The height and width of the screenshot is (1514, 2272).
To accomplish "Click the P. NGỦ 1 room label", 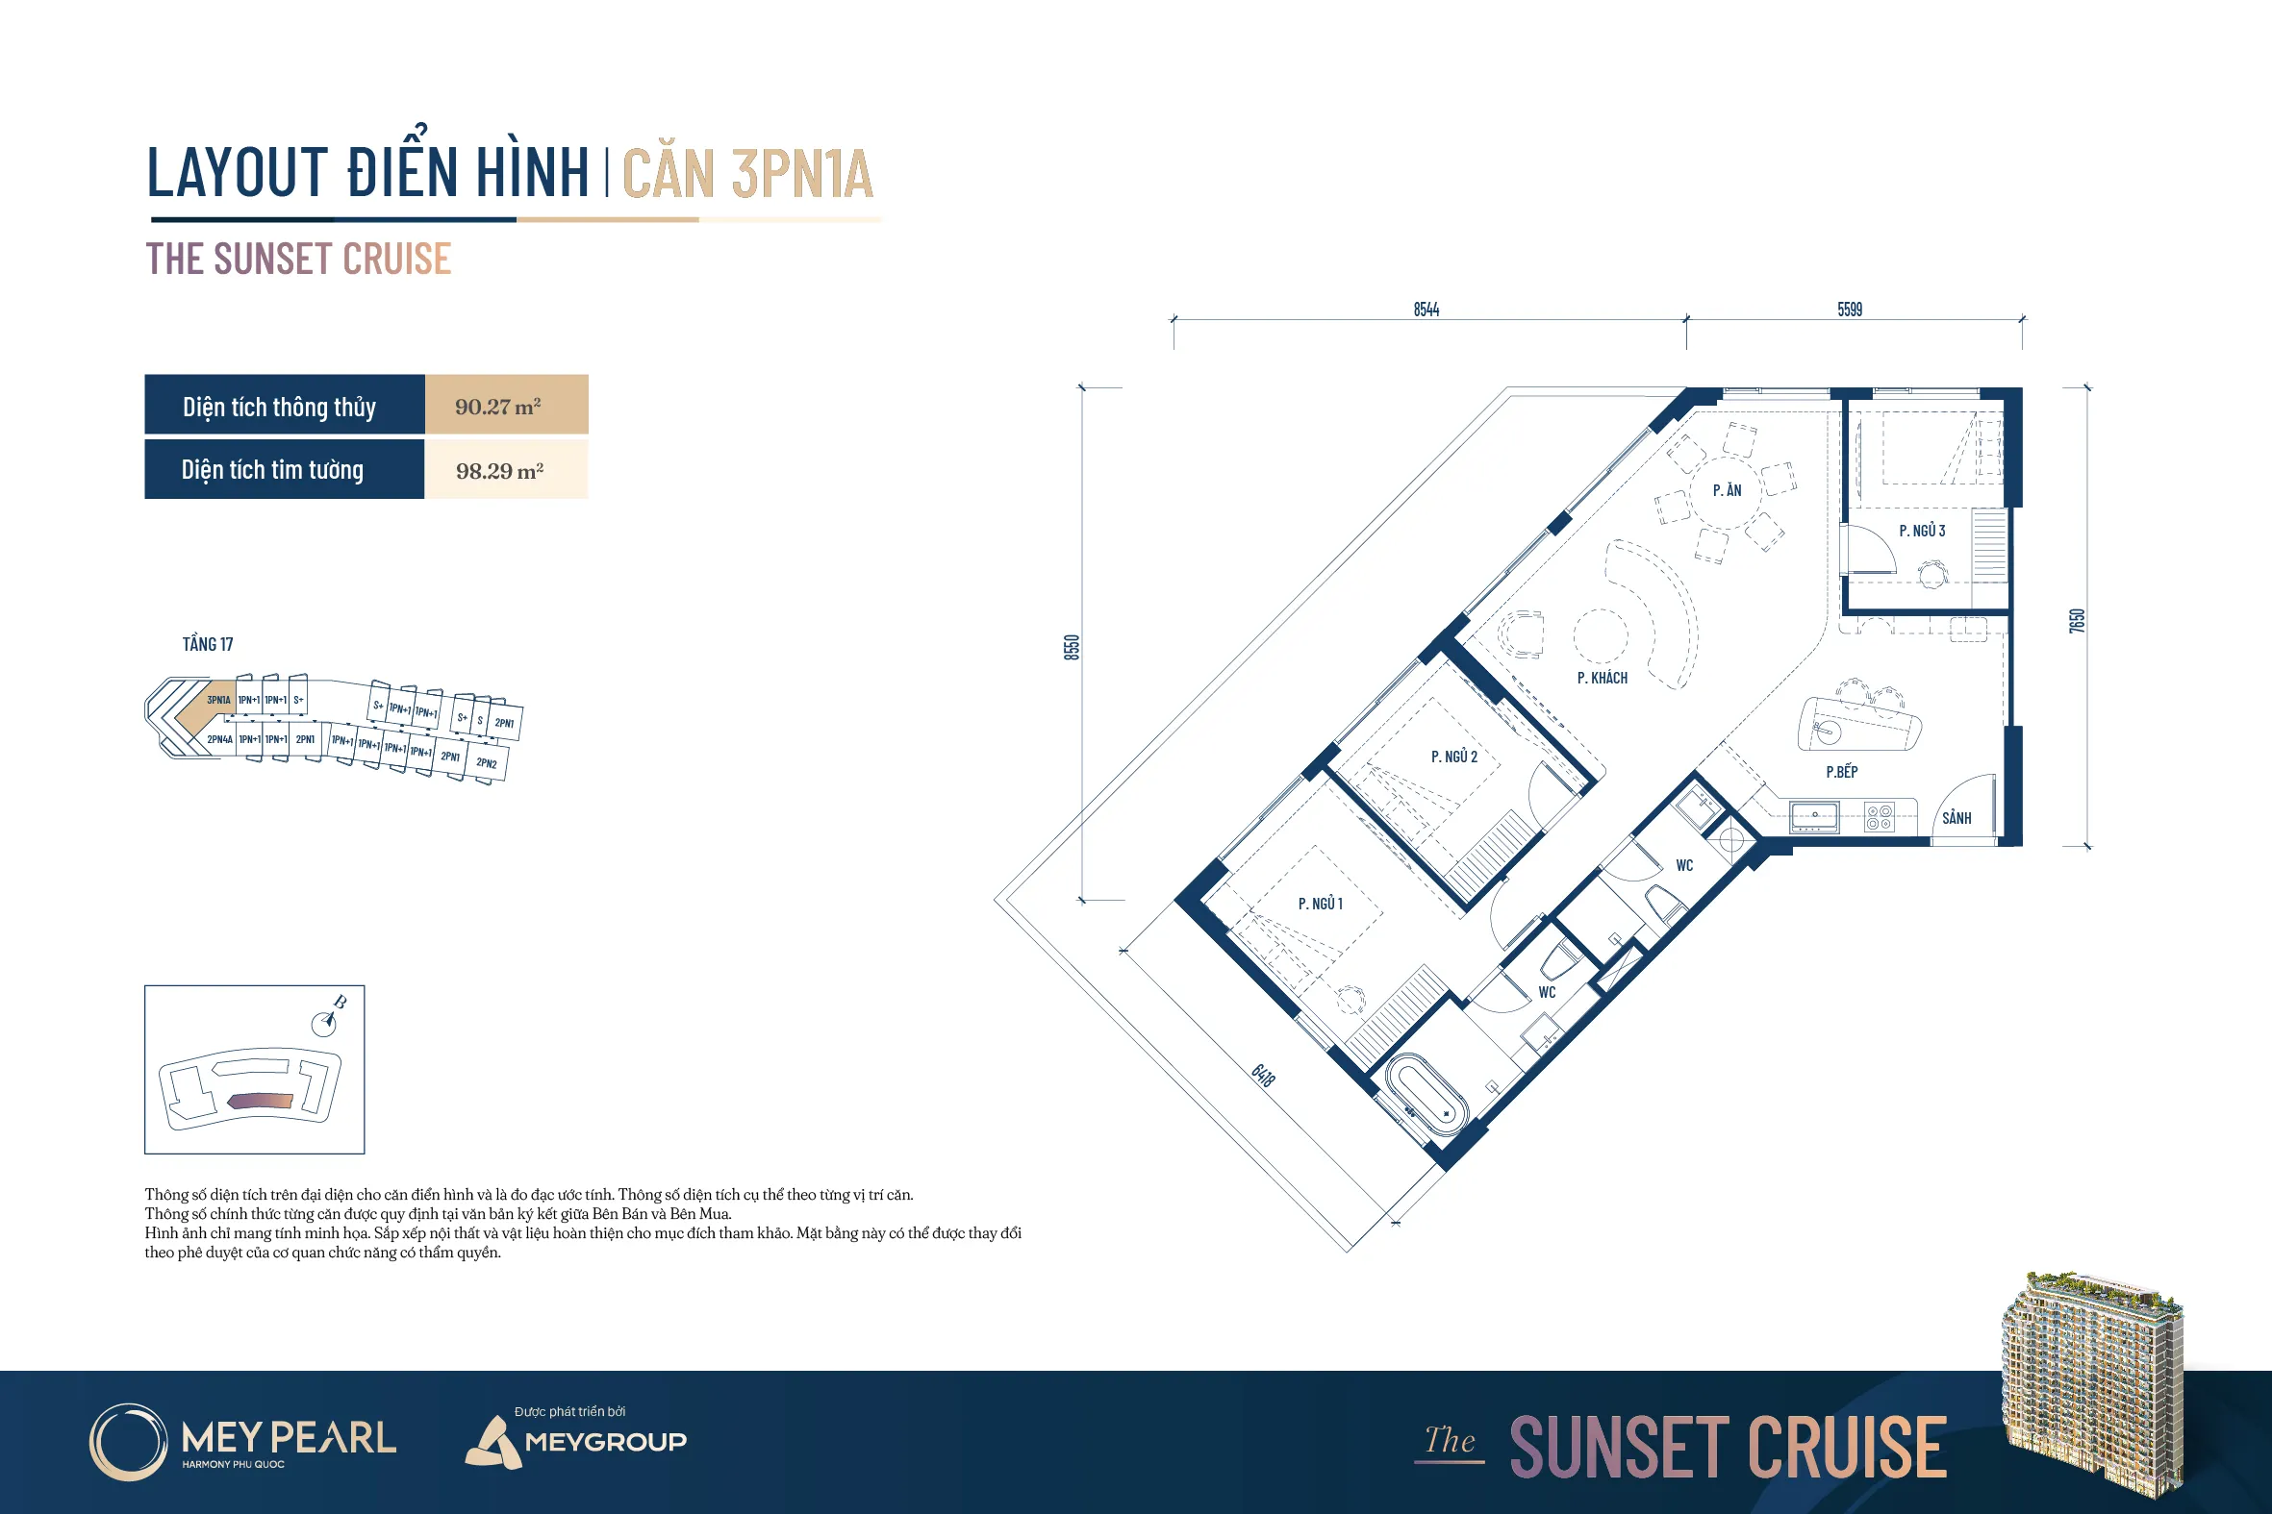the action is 1320,904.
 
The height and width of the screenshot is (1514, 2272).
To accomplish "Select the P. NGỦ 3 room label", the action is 1921,531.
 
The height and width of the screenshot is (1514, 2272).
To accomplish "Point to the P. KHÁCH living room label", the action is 1602,678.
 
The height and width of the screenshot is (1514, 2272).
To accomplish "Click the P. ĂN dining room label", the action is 1727,490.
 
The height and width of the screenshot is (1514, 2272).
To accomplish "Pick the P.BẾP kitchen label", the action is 1841,772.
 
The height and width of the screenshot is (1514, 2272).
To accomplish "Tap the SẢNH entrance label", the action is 1956,818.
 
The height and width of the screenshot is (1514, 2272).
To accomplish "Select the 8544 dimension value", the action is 1426,309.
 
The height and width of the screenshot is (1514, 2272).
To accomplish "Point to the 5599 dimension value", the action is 1849,309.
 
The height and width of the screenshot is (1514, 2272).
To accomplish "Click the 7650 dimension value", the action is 2077,621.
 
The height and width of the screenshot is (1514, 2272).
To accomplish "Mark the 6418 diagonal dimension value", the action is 1263,1075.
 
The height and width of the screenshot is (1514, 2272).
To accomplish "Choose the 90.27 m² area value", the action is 497,407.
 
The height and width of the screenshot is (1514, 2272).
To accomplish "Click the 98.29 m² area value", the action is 499,471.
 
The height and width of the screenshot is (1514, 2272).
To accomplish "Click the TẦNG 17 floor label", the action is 208,644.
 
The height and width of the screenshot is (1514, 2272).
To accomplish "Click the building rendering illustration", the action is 2092,1382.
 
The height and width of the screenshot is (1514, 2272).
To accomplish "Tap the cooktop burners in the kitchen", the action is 1879,817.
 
